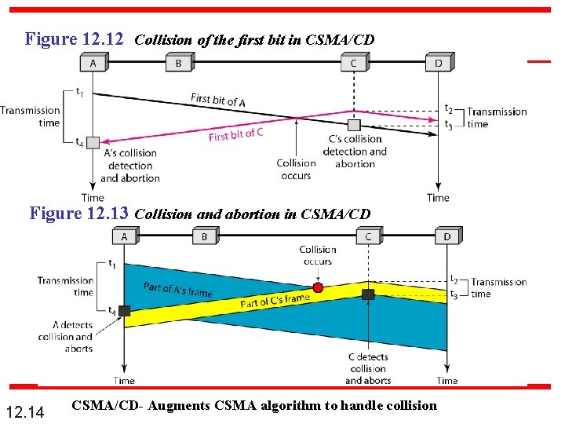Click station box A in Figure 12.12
tap(93, 63)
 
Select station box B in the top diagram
tap(178, 63)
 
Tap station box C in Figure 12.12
tap(354, 63)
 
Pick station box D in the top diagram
tap(439, 63)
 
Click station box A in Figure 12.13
tap(124, 236)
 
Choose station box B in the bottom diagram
tap(205, 236)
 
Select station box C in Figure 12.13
tap(368, 236)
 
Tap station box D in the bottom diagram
tap(447, 236)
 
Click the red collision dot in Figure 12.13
tap(317, 288)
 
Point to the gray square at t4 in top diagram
tap(93, 142)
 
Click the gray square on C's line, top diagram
tap(354, 125)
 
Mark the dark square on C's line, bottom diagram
tap(368, 294)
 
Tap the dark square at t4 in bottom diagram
tap(124, 311)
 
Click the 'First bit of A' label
tap(218, 100)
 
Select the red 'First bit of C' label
tap(235, 135)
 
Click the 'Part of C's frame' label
tap(275, 301)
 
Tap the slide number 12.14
tap(24, 410)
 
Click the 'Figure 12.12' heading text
tap(74, 38)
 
